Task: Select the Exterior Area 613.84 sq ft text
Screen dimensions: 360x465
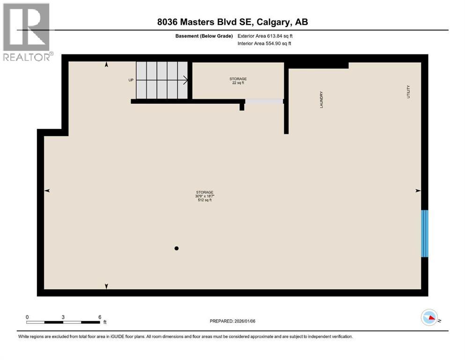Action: coord(265,36)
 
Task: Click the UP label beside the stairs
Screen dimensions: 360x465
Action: coord(131,80)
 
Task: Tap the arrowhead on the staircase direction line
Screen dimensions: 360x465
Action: coord(186,80)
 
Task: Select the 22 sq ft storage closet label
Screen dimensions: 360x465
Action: coord(238,83)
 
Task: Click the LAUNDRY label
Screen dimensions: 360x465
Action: coord(322,99)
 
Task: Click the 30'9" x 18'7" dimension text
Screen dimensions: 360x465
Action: coord(205,196)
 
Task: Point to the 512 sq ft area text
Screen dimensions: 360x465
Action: coord(205,200)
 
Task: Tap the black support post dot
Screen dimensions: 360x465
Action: coord(177,248)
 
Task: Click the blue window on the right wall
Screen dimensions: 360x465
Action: coord(425,233)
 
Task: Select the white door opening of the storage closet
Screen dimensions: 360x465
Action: coord(265,101)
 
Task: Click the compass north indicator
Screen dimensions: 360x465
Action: coord(429,317)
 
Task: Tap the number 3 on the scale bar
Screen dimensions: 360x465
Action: coord(63,317)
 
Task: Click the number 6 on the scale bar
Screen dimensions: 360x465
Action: coord(99,317)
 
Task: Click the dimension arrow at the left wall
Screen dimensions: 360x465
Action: coord(47,190)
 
